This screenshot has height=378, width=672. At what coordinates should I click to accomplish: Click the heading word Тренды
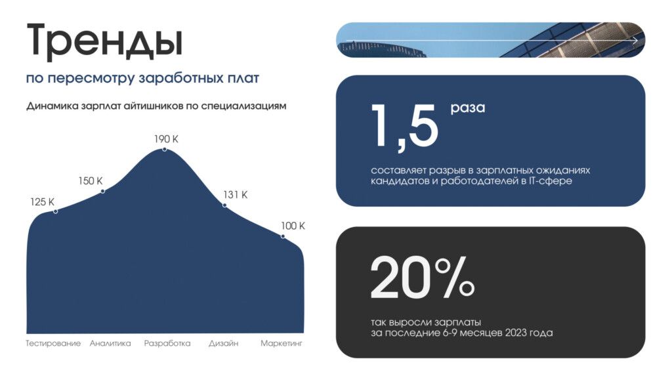click(105, 41)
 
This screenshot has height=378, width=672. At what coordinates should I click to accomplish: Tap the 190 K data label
click(166, 139)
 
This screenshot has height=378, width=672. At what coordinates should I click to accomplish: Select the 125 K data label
click(42, 202)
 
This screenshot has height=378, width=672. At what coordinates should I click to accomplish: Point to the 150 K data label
click(91, 181)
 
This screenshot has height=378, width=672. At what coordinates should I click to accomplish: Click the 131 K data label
click(236, 194)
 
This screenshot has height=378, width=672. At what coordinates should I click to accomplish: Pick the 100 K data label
click(293, 226)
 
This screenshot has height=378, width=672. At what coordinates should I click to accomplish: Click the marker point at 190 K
click(165, 149)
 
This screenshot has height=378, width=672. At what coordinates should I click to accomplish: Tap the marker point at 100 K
click(283, 236)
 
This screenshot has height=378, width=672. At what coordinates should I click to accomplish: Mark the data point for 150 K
click(103, 191)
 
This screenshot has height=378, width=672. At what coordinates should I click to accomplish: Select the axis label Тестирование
click(53, 343)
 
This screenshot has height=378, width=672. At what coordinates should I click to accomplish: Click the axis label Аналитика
click(110, 343)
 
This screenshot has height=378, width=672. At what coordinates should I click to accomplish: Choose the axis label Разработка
click(167, 343)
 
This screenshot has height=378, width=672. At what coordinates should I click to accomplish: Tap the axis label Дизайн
click(223, 343)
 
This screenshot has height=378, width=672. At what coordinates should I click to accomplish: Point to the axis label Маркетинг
click(282, 343)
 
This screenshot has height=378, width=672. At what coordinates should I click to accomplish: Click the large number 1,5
click(404, 127)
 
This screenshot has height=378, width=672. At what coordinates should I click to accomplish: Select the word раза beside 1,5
click(467, 108)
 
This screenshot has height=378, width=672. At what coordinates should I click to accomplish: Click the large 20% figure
click(422, 278)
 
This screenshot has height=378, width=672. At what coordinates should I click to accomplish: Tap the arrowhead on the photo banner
click(635, 40)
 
